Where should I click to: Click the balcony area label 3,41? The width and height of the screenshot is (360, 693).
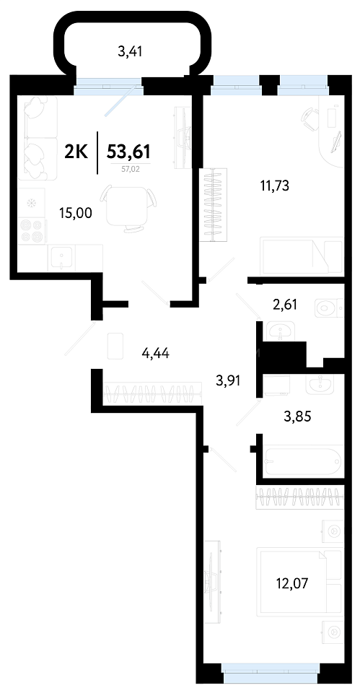(131, 53)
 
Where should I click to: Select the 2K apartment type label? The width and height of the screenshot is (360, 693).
(77, 152)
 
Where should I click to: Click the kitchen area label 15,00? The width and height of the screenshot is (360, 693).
(76, 213)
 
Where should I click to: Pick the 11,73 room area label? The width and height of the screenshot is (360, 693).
(274, 186)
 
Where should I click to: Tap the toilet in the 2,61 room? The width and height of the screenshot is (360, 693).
(329, 308)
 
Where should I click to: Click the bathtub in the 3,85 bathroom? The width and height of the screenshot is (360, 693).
(303, 461)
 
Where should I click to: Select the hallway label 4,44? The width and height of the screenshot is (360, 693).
(156, 354)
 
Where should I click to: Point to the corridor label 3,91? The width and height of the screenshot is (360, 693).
(228, 380)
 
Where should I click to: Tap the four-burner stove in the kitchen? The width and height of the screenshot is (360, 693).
(32, 231)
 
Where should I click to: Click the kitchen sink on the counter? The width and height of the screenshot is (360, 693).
(61, 257)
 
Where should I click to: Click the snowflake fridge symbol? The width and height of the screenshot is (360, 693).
(31, 204)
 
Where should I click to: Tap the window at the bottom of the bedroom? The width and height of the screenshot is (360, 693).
(271, 679)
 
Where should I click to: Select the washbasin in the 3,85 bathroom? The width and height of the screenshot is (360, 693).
(320, 385)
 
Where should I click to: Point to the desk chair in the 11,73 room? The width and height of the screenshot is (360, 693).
(309, 117)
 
